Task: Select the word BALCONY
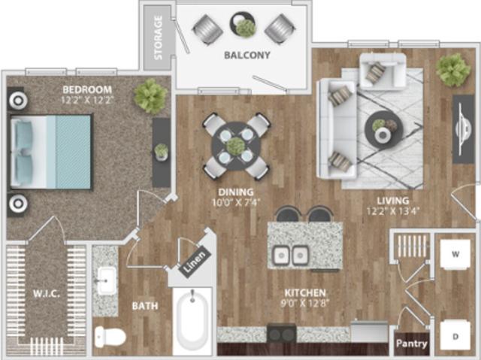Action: point(247,56)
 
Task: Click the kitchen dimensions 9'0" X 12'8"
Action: point(304,302)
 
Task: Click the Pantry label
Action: point(412,343)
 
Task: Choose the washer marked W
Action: point(455,254)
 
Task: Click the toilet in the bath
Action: point(108,335)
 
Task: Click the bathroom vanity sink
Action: point(105,280)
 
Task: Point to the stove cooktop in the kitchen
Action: point(282,333)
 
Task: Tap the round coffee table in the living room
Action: point(383,131)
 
